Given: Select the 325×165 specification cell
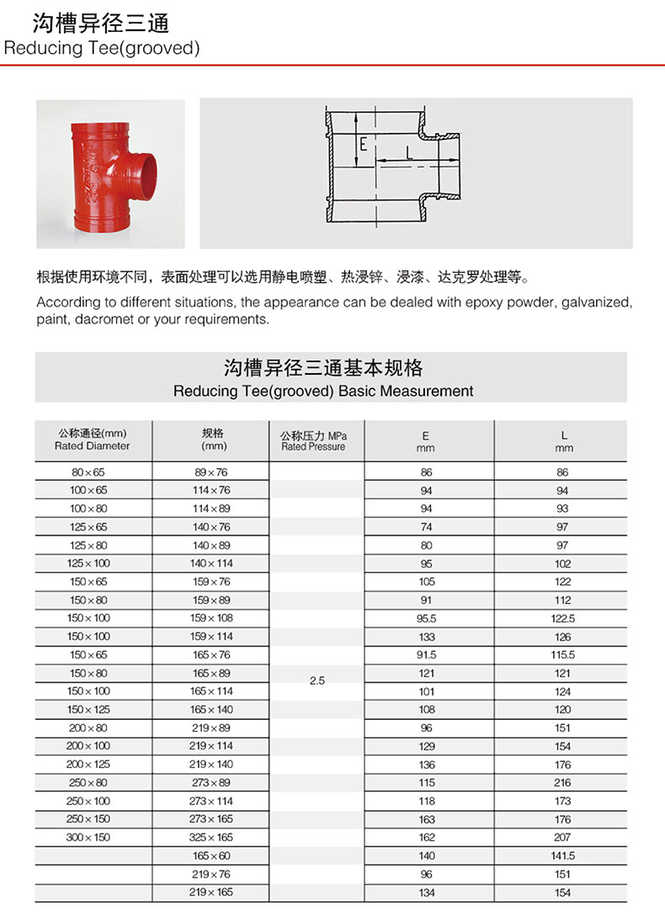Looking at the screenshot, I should [x=210, y=837].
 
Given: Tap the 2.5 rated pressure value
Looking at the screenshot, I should [x=317, y=680].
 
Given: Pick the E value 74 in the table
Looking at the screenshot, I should [x=426, y=526].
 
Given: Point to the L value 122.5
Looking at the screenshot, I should [x=562, y=618].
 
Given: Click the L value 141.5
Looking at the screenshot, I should [x=562, y=856].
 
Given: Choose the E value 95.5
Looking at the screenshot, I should [x=426, y=618].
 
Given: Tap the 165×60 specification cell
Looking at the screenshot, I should [x=210, y=856].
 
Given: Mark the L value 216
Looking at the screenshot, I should [x=562, y=782].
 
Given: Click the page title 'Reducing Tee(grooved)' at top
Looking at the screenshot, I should [x=102, y=48].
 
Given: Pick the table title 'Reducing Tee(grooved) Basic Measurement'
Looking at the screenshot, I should [x=323, y=391].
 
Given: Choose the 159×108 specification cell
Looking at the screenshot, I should [x=210, y=618].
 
